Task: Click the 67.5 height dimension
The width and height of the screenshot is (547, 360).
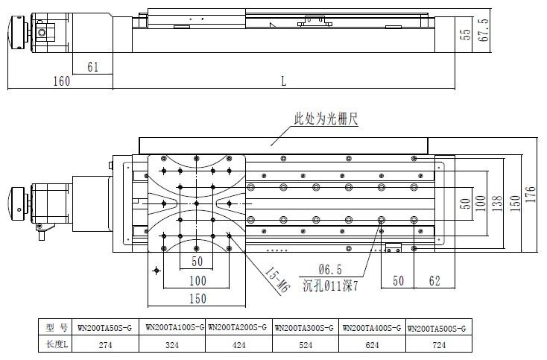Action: click(x=483, y=30)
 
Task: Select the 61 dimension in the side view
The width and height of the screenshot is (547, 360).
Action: click(x=93, y=66)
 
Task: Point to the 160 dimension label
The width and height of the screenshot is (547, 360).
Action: click(x=61, y=81)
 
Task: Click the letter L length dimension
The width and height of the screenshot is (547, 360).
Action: click(x=284, y=81)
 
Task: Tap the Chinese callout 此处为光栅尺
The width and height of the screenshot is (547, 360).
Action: click(x=326, y=119)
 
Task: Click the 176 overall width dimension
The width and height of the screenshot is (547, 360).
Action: click(x=530, y=195)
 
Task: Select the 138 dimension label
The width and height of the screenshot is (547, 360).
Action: click(x=497, y=203)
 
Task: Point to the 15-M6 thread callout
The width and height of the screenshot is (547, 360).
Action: click(x=277, y=280)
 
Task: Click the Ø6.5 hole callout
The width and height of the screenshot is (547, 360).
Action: click(x=330, y=269)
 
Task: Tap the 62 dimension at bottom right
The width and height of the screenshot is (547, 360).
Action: click(x=434, y=281)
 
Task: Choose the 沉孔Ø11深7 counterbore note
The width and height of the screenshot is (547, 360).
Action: click(x=330, y=286)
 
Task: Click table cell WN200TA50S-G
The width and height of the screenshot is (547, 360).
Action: click(x=104, y=328)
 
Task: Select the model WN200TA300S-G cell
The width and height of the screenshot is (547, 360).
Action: click(x=304, y=328)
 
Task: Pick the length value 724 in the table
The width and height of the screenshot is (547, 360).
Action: click(x=439, y=345)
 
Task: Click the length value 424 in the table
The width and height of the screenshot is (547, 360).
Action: click(x=238, y=345)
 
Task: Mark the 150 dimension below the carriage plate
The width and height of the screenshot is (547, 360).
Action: click(x=197, y=299)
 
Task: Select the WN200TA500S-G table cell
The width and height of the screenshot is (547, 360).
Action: click(x=437, y=329)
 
